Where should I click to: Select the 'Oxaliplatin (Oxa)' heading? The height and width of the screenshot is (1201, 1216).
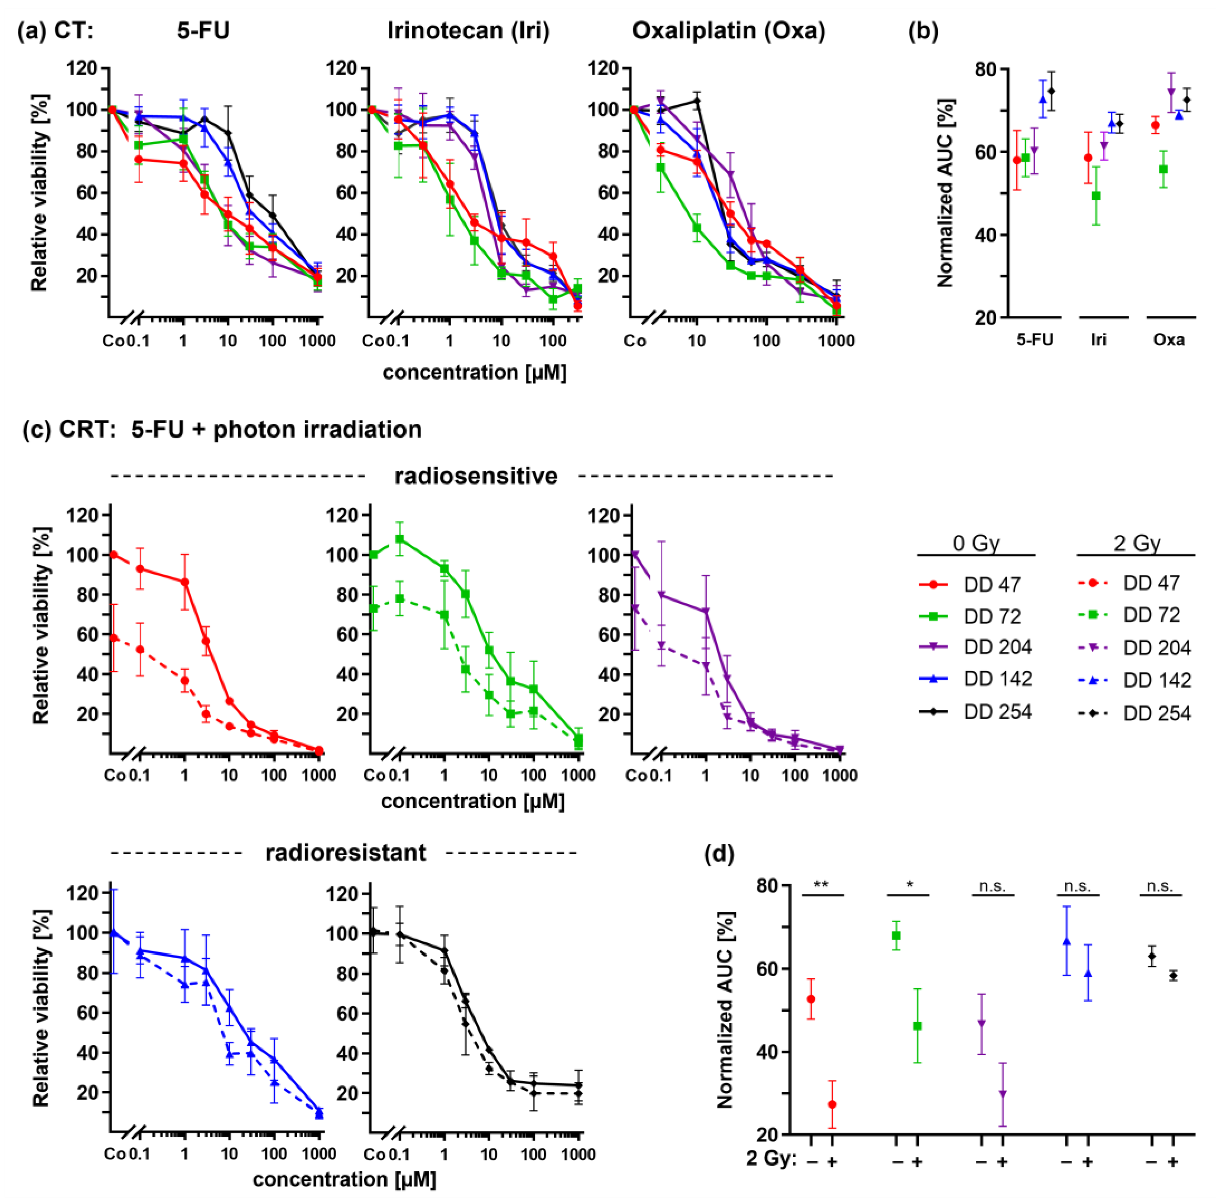pos(728,30)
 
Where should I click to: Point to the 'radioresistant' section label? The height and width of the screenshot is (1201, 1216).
pos(346,853)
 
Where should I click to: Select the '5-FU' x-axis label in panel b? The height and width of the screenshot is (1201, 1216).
pos(1034,340)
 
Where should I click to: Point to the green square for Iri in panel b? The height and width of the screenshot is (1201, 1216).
pos(1096,196)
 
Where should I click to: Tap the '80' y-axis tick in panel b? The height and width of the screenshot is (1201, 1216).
pos(988,69)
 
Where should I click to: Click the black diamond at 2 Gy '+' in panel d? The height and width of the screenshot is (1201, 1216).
pos(1172,976)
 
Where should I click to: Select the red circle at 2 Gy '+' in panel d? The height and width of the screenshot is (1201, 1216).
pos(832,1104)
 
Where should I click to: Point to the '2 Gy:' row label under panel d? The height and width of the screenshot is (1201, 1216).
pos(771,1158)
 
